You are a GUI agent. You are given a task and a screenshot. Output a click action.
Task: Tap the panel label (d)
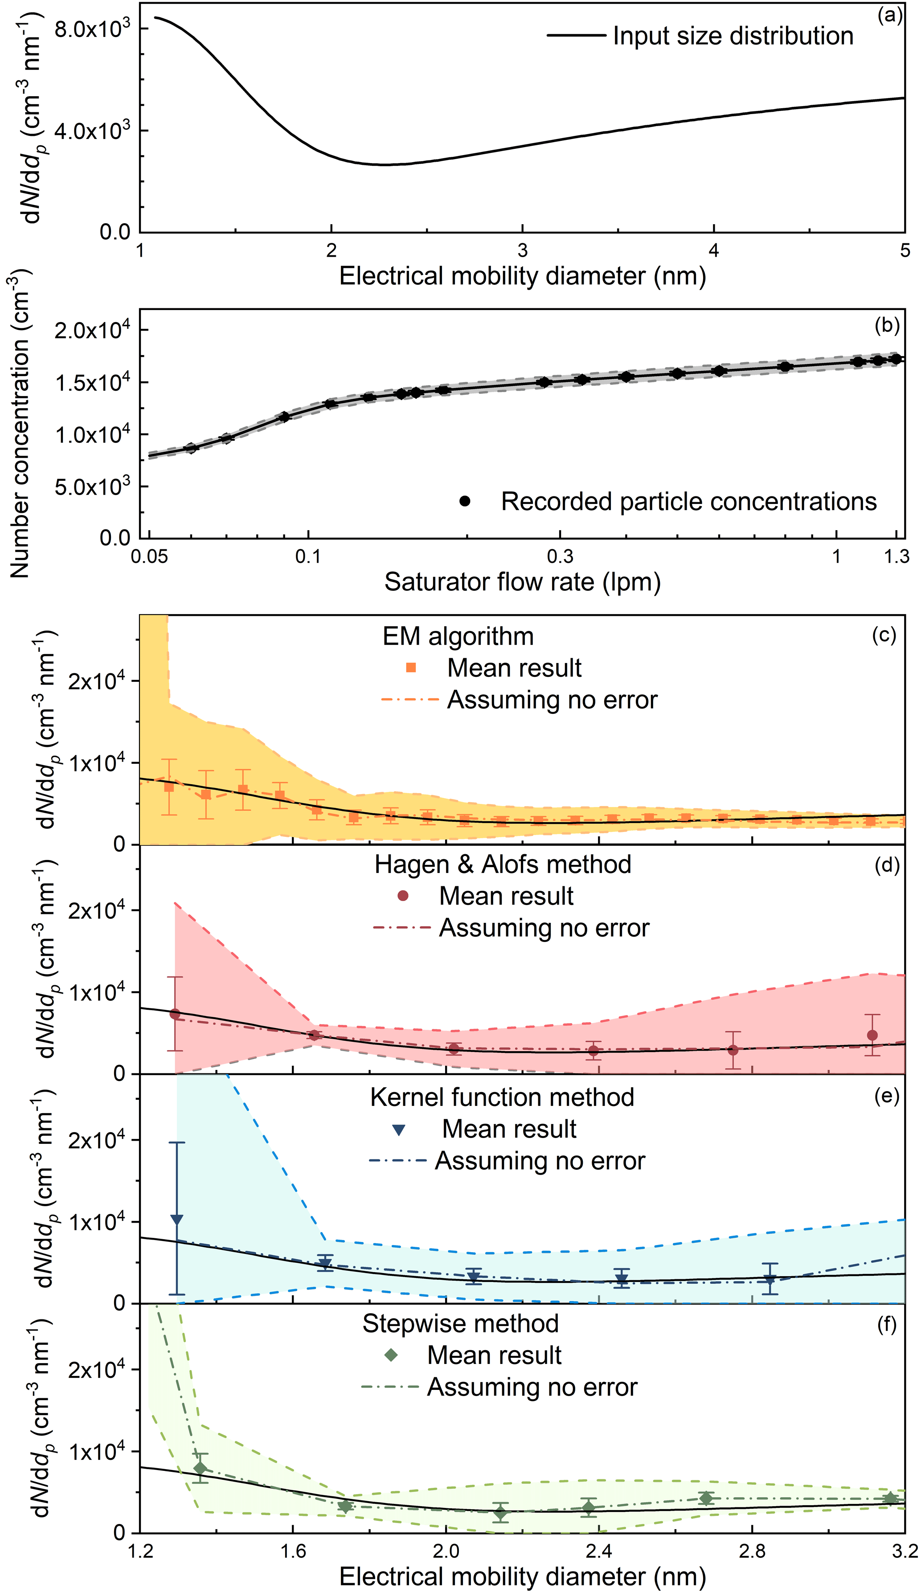click(x=886, y=864)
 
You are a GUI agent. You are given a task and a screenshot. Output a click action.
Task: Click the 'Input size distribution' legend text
click(x=733, y=36)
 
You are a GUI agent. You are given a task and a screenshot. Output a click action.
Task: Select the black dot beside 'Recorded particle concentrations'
click(x=465, y=501)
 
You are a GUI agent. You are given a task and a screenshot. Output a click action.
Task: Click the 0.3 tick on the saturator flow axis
click(x=560, y=556)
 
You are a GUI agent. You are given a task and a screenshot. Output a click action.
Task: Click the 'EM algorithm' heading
click(x=458, y=636)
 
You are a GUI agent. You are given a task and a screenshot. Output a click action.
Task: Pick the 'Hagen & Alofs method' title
click(x=503, y=864)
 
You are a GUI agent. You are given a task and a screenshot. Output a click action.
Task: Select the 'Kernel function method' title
click(x=502, y=1097)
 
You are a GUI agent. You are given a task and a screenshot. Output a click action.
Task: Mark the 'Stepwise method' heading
click(x=460, y=1323)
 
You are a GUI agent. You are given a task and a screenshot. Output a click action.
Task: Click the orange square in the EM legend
click(x=411, y=668)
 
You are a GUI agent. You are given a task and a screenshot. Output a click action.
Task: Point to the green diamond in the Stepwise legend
click(x=391, y=1355)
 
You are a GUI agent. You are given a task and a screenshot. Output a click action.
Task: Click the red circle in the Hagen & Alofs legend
click(x=403, y=896)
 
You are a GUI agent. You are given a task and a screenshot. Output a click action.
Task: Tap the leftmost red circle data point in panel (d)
click(x=175, y=1014)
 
